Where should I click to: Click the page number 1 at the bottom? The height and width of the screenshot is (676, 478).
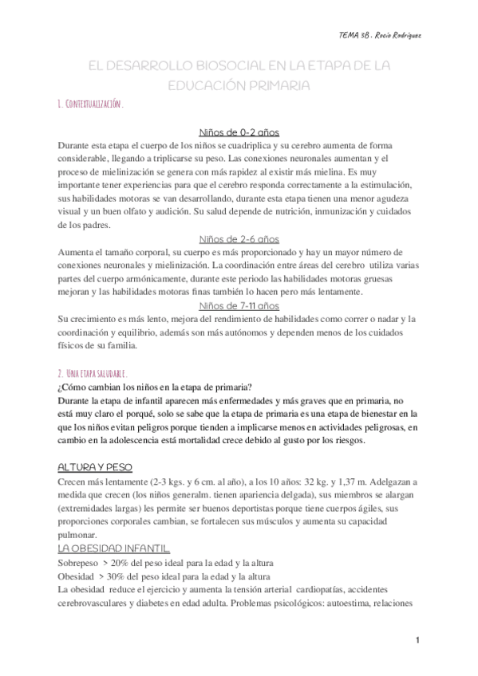(x=417, y=640)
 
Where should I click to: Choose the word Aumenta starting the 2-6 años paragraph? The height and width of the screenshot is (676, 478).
(x=77, y=252)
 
